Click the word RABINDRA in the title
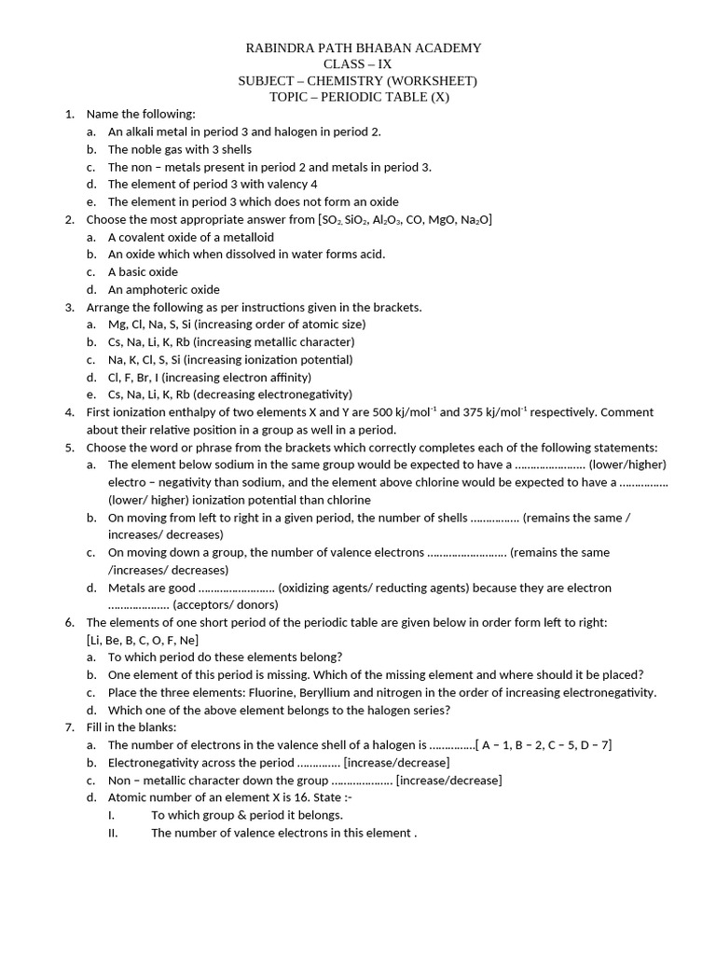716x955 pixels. (x=278, y=48)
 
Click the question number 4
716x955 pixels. (x=69, y=412)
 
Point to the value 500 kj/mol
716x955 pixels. (x=400, y=412)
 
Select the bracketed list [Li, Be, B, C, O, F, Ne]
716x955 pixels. (x=143, y=640)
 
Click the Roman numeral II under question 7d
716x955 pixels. (x=113, y=833)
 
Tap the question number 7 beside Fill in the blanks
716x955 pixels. (x=69, y=727)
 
